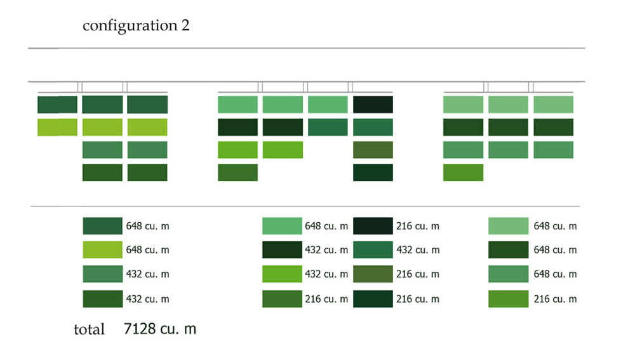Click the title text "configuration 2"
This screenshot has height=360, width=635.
pyautogui.click(x=136, y=26)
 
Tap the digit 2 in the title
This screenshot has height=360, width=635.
pyautogui.click(x=185, y=25)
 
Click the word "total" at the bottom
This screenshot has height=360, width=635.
pyautogui.click(x=89, y=330)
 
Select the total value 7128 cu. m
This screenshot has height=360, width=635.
pyautogui.click(x=160, y=328)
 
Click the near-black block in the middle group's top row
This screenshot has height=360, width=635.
pyautogui.click(x=373, y=105)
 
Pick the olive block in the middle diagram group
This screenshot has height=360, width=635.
pyautogui.click(x=373, y=150)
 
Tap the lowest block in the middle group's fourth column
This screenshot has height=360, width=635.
pyautogui.click(x=373, y=173)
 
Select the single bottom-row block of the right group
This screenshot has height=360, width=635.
pyautogui.click(x=464, y=173)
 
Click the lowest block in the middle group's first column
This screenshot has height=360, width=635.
pyautogui.click(x=237, y=173)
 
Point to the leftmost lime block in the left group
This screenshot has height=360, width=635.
pyautogui.click(x=58, y=127)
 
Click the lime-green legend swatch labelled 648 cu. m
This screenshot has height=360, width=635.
pyautogui.click(x=102, y=250)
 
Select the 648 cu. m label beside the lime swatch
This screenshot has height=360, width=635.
pyautogui.click(x=147, y=250)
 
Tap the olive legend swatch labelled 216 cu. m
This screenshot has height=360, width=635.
pyautogui.click(x=373, y=274)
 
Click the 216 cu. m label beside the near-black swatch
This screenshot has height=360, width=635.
pyautogui.click(x=418, y=226)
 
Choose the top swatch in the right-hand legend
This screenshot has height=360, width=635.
pyautogui.click(x=508, y=226)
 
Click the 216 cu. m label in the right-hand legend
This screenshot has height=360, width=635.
pyautogui.click(x=555, y=299)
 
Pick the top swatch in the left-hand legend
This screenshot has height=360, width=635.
pyautogui.click(x=102, y=226)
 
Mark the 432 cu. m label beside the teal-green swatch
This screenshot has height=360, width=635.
pyautogui.click(x=418, y=250)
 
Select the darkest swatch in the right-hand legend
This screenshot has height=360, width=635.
pyautogui.click(x=508, y=250)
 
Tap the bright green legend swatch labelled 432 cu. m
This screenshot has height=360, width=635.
pyautogui.click(x=282, y=274)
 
